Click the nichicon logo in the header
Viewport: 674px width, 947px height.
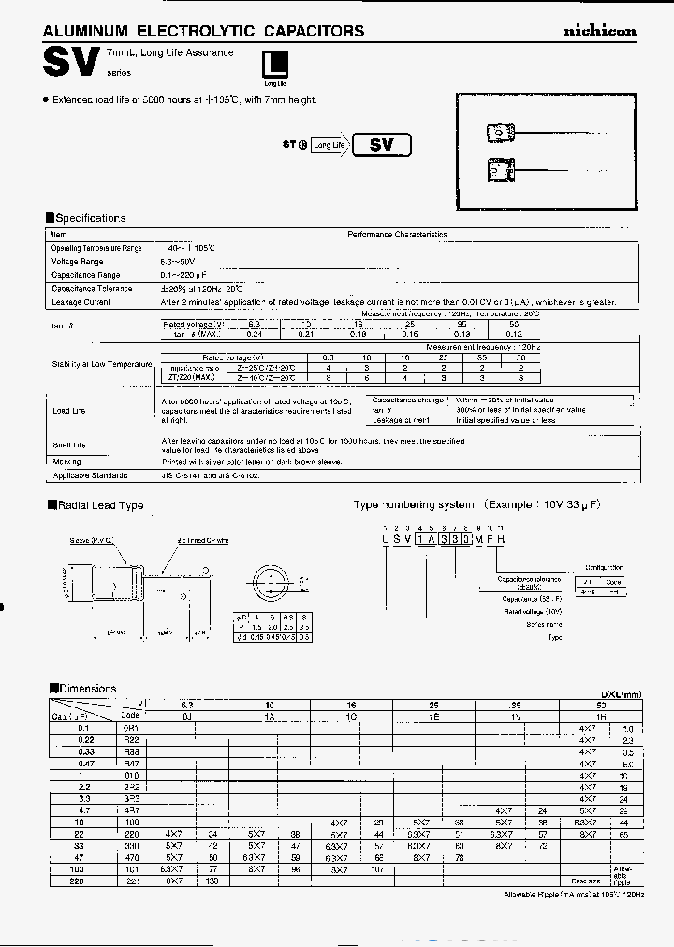click(598, 31)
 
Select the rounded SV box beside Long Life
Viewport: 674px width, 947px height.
click(383, 145)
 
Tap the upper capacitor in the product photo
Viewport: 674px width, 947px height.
click(501, 133)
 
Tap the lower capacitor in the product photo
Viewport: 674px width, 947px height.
click(501, 171)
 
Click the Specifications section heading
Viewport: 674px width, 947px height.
click(90, 218)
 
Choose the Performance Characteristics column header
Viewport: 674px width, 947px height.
click(397, 235)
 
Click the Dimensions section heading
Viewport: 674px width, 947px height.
click(86, 689)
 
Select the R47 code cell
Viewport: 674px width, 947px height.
click(129, 764)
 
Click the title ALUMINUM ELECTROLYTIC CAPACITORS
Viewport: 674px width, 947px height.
click(204, 31)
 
